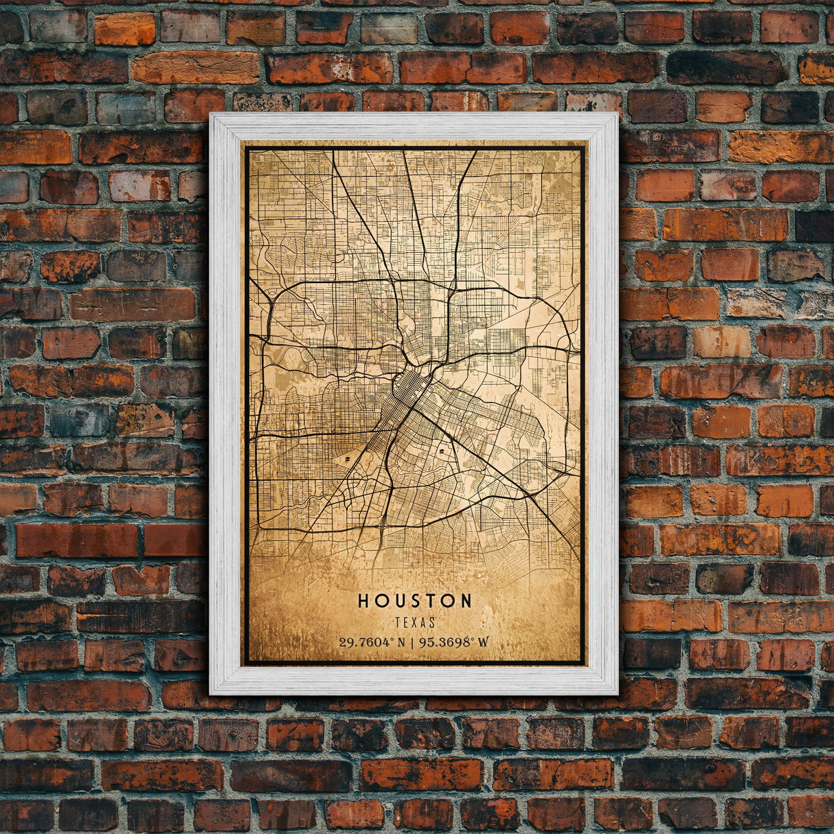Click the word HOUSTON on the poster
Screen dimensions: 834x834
tap(414, 601)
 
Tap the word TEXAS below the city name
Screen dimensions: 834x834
tap(415, 622)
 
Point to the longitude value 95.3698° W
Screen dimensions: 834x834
tap(455, 643)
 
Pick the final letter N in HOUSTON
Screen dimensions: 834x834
tap(466, 601)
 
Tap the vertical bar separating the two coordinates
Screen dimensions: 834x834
tap(411, 643)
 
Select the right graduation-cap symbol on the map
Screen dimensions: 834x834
tap(440, 453)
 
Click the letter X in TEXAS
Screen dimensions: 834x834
tap(415, 622)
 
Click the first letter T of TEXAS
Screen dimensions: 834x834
tap(398, 622)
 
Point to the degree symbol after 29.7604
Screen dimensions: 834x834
tap(392, 640)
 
